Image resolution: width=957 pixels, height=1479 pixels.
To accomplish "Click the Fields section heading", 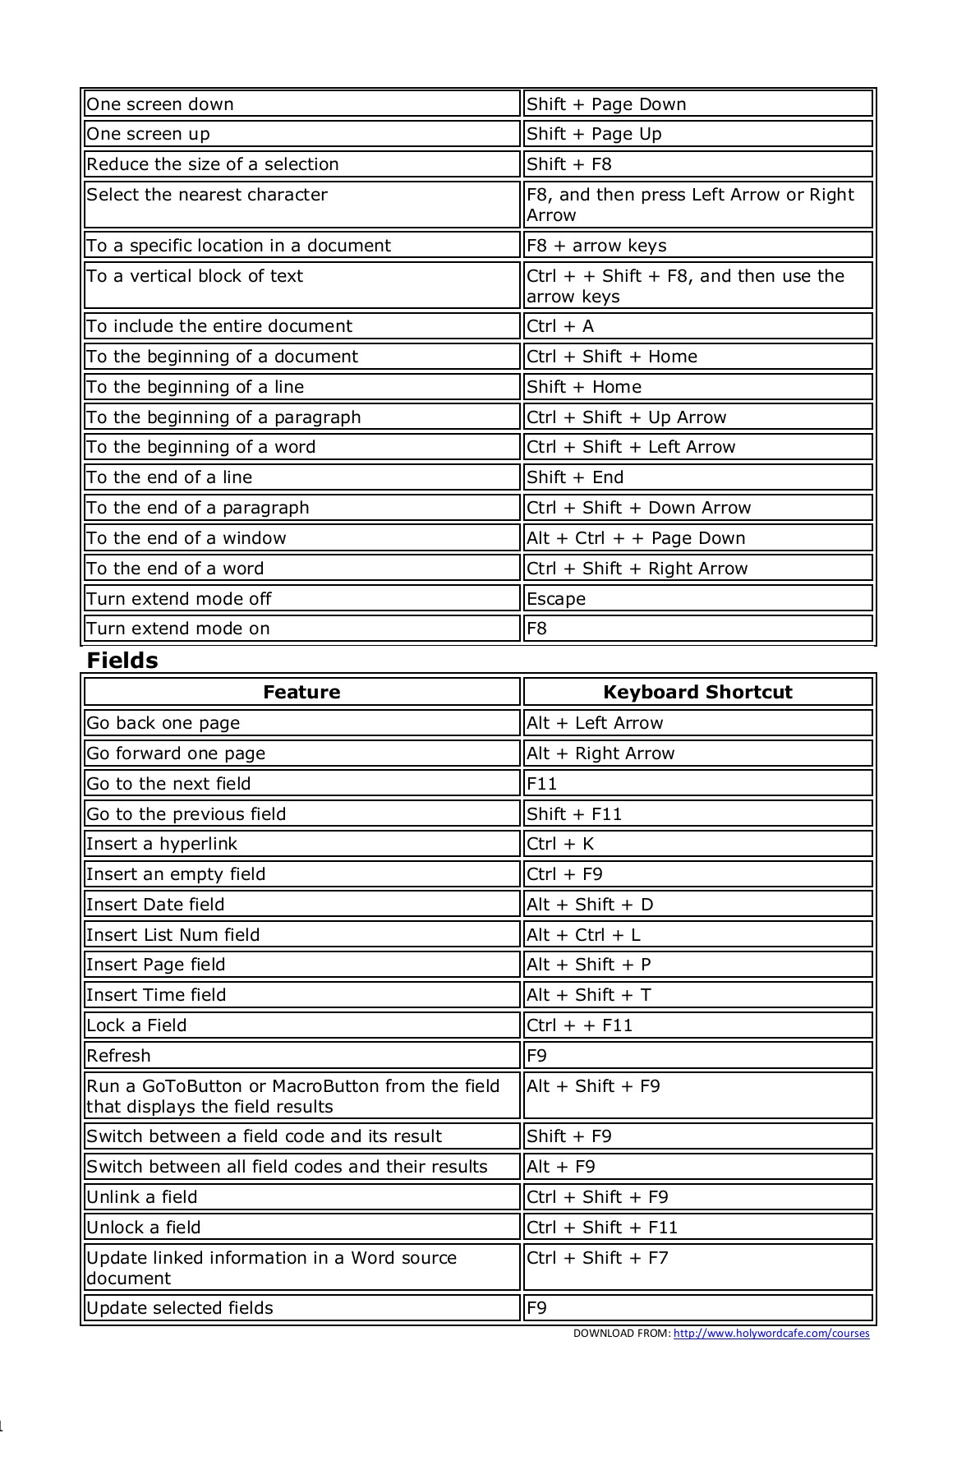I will coord(122,661).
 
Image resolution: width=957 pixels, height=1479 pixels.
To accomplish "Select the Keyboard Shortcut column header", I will coord(697,692).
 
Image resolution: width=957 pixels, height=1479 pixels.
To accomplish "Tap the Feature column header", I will coord(301,692).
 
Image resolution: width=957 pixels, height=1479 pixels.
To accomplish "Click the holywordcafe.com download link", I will coord(771,1334).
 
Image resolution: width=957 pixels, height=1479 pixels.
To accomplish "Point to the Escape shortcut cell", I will coord(556,599).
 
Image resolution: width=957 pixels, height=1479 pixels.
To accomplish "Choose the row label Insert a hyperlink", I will coord(162,844).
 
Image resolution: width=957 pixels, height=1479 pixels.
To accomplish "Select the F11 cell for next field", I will coord(542,784).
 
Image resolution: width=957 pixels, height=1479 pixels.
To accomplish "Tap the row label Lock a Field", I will coord(136,1025).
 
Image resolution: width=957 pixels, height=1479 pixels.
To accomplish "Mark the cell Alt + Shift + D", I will coord(590,905).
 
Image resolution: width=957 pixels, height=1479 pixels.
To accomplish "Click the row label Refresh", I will coord(118,1056).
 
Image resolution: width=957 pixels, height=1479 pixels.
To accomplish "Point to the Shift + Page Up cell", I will coord(594,134).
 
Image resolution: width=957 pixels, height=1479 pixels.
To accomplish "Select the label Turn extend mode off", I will coord(178,599).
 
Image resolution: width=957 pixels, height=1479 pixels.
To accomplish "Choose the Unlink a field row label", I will coord(142,1197).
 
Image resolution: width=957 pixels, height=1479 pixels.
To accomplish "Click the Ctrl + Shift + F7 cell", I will coord(597,1258).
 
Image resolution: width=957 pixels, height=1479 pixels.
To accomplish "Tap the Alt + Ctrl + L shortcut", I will coord(583,935).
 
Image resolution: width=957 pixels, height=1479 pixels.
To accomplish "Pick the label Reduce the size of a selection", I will coord(213,164).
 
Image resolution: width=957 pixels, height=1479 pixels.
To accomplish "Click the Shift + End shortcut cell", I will coord(575,477).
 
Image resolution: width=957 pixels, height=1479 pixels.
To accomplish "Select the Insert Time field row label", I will coord(156,995).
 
